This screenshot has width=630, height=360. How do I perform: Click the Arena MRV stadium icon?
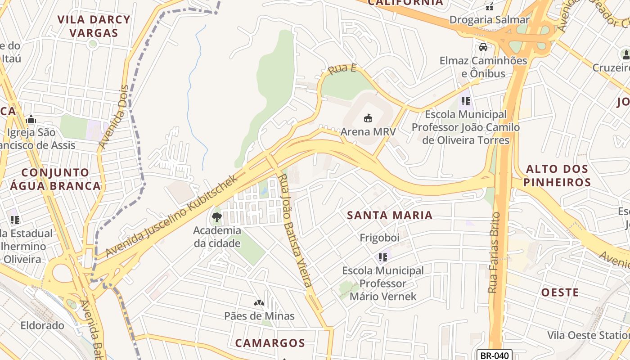tap(368, 118)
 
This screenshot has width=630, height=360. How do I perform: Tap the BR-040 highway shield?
tap(494, 355)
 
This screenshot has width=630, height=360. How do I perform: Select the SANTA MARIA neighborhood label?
tap(390, 215)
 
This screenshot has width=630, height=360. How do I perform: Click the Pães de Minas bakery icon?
tap(259, 303)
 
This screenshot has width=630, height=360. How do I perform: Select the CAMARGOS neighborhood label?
tap(270, 343)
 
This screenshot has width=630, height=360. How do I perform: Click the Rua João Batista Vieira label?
tap(295, 231)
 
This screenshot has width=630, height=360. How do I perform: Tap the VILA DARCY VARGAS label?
tap(94, 26)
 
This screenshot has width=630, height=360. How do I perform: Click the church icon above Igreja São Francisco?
tap(31, 119)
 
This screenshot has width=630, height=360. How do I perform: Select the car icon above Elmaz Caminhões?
tap(483, 47)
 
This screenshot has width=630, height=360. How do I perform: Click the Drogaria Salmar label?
tap(490, 20)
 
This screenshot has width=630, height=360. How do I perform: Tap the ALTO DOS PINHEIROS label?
tap(557, 175)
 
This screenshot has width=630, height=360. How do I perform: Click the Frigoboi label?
tap(379, 238)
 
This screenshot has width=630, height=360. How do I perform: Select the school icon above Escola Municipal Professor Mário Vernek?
tap(382, 257)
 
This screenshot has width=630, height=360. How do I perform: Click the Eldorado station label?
tap(42, 325)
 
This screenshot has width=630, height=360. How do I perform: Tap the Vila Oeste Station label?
tap(588, 335)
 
